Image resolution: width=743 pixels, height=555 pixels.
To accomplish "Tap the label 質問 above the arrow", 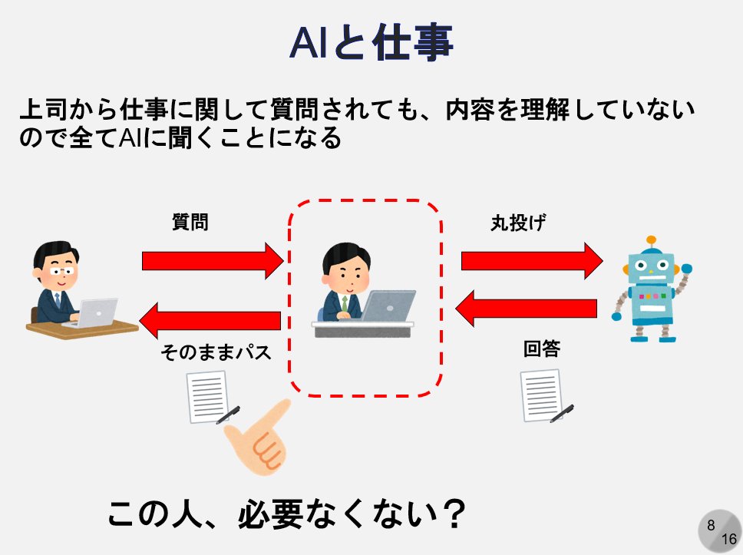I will pyautogui.click(x=190, y=223).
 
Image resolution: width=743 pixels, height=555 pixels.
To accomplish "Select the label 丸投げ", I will pyautogui.click(x=518, y=223).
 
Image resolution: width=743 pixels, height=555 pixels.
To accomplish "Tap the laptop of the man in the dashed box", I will pyautogui.click(x=388, y=306).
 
